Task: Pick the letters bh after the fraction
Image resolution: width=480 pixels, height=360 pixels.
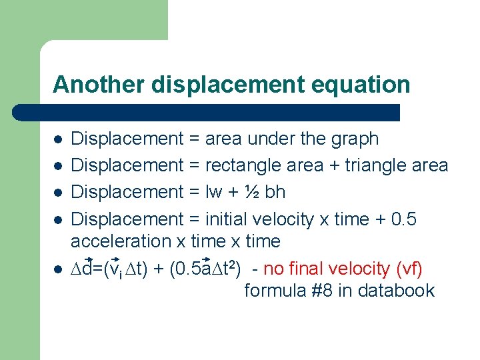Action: click(275, 192)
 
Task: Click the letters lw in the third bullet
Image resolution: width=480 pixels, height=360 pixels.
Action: click(215, 192)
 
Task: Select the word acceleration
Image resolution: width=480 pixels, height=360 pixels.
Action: click(109, 241)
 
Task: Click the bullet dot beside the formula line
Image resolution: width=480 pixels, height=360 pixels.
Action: click(58, 269)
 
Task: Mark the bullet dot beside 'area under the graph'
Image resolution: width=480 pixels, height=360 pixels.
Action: click(58, 140)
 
